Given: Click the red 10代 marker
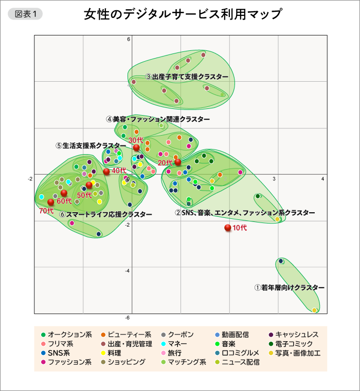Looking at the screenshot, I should [228, 228].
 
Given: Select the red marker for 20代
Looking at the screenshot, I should [178, 162].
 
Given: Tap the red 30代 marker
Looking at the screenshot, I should [136, 148].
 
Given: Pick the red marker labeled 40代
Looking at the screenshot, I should [106, 172].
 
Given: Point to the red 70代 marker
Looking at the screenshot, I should [51, 202].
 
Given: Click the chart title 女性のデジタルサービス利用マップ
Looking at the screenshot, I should [183, 14].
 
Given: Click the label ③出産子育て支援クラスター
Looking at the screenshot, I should [186, 77].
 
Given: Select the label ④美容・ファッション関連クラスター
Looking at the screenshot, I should [158, 119].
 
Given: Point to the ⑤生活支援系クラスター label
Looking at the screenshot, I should [91, 145].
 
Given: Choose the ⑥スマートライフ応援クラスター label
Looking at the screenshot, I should [105, 214].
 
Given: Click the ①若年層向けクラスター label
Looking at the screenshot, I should [290, 288].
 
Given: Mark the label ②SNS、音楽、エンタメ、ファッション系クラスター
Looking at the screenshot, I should [244, 212].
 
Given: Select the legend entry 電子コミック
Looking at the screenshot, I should [297, 344].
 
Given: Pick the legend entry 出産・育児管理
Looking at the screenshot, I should [129, 344].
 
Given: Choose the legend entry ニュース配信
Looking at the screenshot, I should [240, 362].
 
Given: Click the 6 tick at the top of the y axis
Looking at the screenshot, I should [129, 39].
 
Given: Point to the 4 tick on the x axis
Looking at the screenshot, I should [322, 178].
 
